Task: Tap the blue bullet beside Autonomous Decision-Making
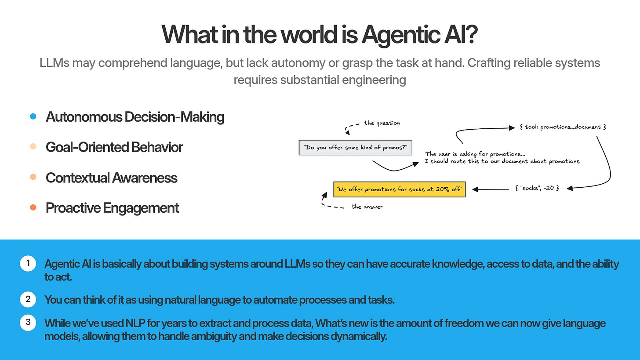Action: (33, 117)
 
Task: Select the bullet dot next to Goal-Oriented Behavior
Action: (33, 147)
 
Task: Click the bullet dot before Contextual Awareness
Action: (33, 177)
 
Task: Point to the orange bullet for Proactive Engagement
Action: (33, 207)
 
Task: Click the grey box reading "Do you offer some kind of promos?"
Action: (355, 148)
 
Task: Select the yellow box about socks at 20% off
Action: (399, 189)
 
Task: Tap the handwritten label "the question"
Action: (382, 123)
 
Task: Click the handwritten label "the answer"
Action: (367, 207)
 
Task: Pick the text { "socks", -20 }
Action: (536, 189)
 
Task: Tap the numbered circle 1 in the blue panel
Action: (28, 264)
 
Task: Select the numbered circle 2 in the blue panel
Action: (28, 300)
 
